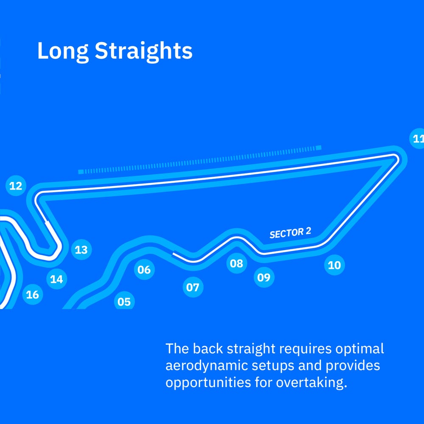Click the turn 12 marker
tap(16, 186)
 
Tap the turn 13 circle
tap(81, 250)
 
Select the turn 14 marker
tap(56, 279)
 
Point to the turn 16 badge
tap(33, 295)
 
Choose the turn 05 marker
tap(124, 301)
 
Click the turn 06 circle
tap(144, 269)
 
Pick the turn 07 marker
tap(193, 287)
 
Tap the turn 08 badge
tap(237, 263)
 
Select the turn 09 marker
tap(264, 277)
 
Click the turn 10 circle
tap(335, 265)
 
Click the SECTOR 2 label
tap(290, 233)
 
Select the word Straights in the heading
tap(144, 51)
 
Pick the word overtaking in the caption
tap(311, 383)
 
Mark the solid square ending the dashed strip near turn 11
tap(318, 148)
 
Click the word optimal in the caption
tap(360, 349)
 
